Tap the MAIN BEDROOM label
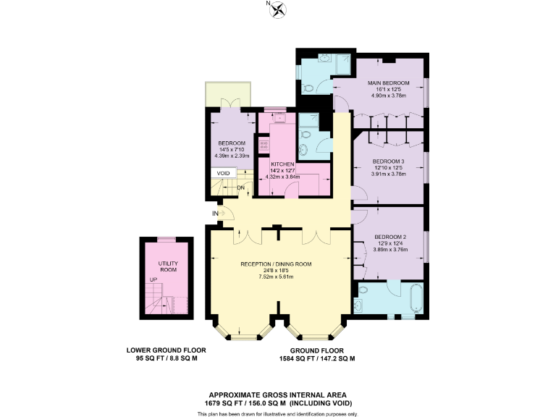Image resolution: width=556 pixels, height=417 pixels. click(388, 83)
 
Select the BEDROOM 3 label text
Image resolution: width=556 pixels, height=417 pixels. click(389, 161)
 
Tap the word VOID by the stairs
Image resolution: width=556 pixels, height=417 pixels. click(223, 174)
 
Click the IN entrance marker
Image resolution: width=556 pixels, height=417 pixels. click(215, 214)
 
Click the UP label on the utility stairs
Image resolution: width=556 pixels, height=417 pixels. click(152, 279)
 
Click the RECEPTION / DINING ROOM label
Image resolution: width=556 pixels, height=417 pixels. click(276, 264)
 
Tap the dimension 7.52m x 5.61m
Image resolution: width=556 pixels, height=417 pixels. click(276, 277)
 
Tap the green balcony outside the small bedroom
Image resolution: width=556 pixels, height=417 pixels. click(228, 93)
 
